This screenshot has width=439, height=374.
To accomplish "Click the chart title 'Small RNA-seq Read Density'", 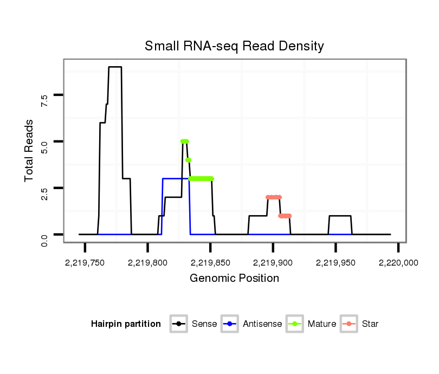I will pyautogui.click(x=234, y=46).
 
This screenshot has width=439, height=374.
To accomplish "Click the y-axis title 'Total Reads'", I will pyautogui.click(x=30, y=150).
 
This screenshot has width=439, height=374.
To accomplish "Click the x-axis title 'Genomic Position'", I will pyautogui.click(x=234, y=279).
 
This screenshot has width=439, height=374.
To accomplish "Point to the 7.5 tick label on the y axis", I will pyautogui.click(x=44, y=100).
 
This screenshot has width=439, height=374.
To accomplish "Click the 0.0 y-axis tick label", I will pyautogui.click(x=44, y=239).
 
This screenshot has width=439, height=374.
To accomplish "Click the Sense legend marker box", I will pyautogui.click(x=178, y=324).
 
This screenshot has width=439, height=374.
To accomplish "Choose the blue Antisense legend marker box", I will pyautogui.click(x=229, y=324).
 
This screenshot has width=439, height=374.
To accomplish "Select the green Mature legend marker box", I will pyautogui.click(x=295, y=324).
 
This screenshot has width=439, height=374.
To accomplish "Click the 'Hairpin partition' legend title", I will pyautogui.click(x=126, y=324).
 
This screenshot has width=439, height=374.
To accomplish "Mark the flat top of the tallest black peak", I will pyautogui.click(x=115, y=67).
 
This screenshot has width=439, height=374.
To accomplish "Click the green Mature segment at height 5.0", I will pyautogui.click(x=184, y=141).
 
